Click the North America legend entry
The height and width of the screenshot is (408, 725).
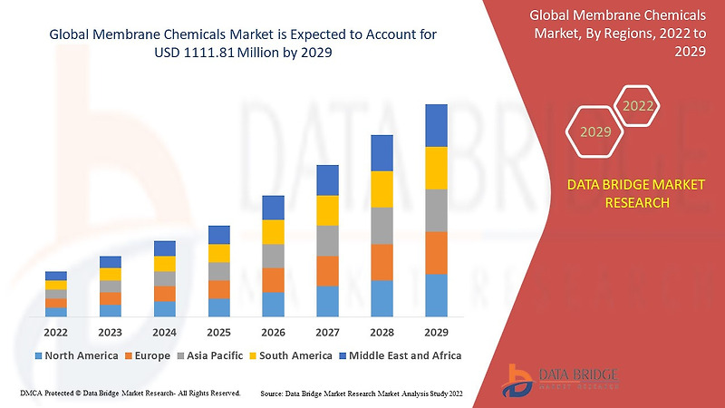pos(76,355)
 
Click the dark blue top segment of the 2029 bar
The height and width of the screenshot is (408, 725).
pos(436,125)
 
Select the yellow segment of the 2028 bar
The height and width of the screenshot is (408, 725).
pos(382,189)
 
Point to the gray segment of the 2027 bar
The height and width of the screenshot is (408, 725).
pos(327,240)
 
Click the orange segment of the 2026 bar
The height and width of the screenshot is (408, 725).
pos(273,279)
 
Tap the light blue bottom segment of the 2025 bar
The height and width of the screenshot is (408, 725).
pos(218,307)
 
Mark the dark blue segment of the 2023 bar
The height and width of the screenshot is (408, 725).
pos(111,262)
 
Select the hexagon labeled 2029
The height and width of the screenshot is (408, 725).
pos(595,132)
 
